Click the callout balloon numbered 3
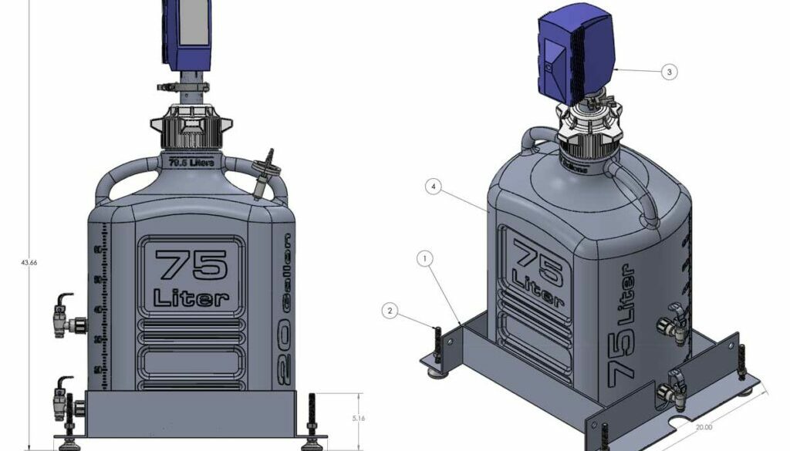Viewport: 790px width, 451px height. click(669, 72)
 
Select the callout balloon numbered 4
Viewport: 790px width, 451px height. click(435, 187)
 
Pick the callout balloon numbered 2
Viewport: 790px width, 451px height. click(391, 311)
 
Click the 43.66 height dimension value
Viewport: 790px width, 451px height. click(29, 262)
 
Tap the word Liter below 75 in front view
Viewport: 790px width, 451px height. click(191, 297)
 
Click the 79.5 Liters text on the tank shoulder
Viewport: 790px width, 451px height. click(191, 162)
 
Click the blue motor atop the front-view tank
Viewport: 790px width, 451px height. click(186, 34)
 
